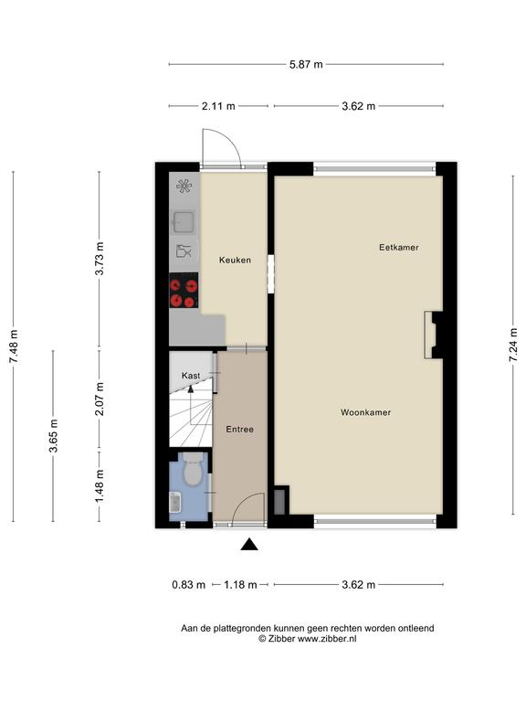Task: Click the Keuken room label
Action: click(235, 261)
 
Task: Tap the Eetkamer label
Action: click(398, 248)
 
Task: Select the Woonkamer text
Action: click(365, 413)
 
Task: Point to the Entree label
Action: click(240, 430)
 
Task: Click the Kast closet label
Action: click(191, 376)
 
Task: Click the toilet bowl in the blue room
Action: click(194, 470)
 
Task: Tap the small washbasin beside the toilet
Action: click(175, 502)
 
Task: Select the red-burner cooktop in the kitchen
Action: click(184, 291)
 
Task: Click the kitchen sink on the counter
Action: click(184, 222)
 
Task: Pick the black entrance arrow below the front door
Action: click(249, 545)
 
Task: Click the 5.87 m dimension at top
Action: click(306, 65)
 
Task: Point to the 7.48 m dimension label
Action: click(14, 346)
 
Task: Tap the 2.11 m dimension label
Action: click(218, 107)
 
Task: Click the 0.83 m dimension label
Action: click(189, 585)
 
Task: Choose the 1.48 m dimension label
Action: click(100, 485)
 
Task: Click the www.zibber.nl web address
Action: click(327, 639)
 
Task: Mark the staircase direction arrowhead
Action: click(191, 388)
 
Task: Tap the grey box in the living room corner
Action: click(279, 503)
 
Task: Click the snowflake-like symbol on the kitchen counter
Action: click(184, 186)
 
